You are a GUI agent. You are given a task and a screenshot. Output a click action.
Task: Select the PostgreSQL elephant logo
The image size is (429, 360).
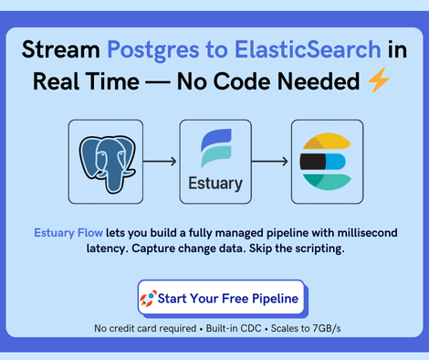(105, 161)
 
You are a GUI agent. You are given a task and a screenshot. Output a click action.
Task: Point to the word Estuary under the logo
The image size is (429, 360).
(214, 183)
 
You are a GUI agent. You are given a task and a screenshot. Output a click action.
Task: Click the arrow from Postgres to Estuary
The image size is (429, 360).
(161, 162)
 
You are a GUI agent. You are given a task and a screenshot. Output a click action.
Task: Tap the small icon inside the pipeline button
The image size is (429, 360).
(147, 298)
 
